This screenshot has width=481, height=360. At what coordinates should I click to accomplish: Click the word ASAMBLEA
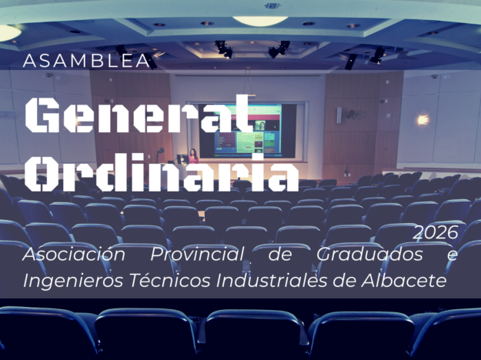(86, 61)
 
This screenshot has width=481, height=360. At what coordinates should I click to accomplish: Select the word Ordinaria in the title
(162, 172)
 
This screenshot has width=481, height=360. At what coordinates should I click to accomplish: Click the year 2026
(436, 233)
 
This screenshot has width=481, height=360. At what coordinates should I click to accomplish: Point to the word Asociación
(74, 254)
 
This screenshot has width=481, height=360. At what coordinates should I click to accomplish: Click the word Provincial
(197, 254)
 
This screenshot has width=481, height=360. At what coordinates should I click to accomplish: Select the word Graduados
(369, 254)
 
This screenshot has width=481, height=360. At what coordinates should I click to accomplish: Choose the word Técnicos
(170, 280)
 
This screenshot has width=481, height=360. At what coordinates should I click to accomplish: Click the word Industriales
(272, 280)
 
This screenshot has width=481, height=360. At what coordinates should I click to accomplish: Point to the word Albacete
(403, 280)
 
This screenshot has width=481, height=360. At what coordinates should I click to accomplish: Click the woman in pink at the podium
(193, 156)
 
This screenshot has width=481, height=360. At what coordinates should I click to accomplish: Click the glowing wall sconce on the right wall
(423, 120)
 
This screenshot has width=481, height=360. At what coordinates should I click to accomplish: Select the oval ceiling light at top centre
(260, 21)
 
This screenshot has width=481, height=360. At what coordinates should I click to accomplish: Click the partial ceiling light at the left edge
(9, 33)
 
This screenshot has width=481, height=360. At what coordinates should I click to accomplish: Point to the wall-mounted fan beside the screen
(351, 115)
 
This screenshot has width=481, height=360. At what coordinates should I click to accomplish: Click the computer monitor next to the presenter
(182, 158)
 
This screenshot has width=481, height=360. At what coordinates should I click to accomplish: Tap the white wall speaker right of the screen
(339, 115)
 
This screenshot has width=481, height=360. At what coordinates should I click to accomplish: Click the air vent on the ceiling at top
(272, 5)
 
